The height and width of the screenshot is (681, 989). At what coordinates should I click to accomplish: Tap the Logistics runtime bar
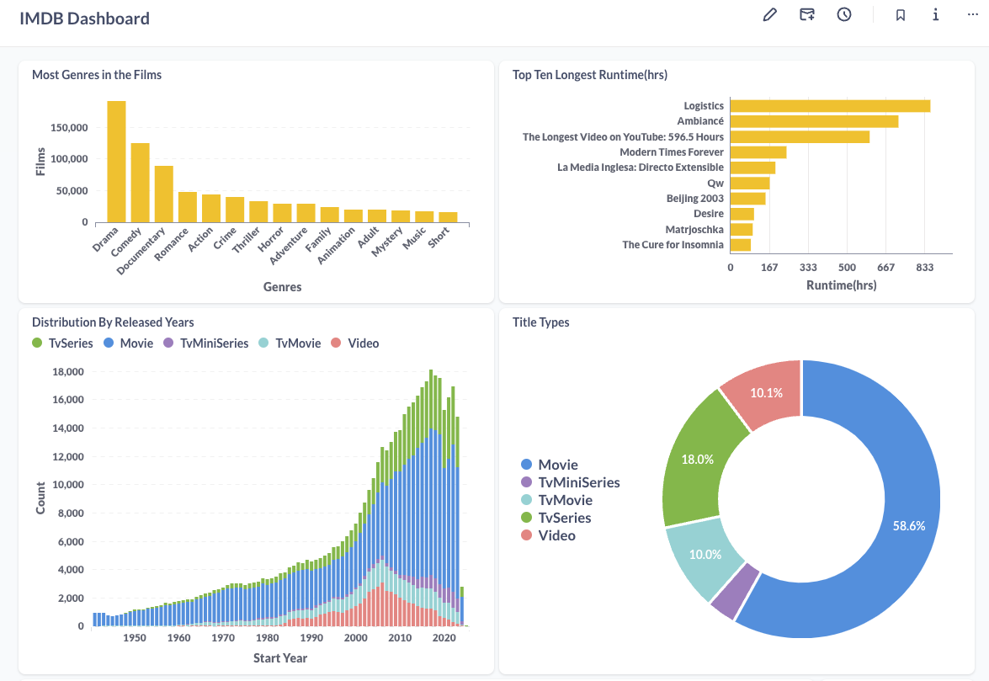click(x=830, y=106)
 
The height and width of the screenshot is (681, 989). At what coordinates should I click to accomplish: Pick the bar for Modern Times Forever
click(x=758, y=152)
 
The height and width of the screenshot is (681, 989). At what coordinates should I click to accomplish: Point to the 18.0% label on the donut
click(x=698, y=460)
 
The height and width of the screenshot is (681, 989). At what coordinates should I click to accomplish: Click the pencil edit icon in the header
click(x=769, y=15)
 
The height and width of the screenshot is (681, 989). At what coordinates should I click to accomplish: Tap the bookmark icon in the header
click(x=900, y=15)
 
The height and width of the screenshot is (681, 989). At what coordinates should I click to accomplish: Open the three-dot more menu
click(x=973, y=15)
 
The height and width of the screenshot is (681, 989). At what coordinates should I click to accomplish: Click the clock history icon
click(x=844, y=15)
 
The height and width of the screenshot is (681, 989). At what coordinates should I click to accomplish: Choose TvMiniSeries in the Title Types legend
click(x=578, y=482)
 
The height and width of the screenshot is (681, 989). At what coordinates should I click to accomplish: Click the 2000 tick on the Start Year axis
click(x=356, y=638)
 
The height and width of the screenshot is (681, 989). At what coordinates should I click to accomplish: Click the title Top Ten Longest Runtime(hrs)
click(x=590, y=75)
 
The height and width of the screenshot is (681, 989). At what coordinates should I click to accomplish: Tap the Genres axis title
click(x=282, y=287)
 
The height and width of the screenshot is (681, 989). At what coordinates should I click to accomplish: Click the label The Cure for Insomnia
click(x=673, y=245)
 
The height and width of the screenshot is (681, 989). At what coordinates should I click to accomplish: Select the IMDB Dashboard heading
click(x=84, y=18)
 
